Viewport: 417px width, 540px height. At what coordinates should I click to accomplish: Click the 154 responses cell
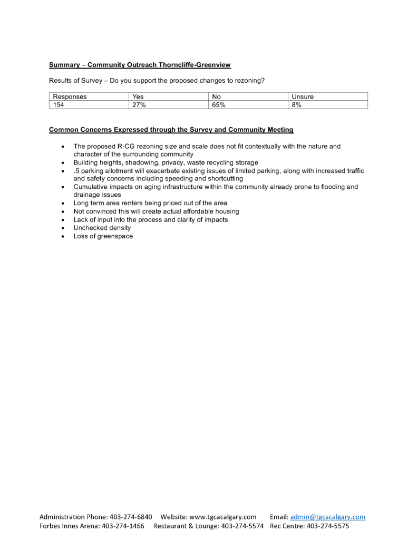[x=58, y=105]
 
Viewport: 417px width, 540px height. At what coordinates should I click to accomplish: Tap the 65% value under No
[x=219, y=105]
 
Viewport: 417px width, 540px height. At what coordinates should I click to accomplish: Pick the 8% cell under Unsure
[x=296, y=105]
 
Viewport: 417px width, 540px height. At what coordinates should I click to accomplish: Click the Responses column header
[x=70, y=97]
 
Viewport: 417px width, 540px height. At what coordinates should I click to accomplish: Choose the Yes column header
[x=138, y=97]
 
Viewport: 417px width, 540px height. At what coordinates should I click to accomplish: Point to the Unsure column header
[x=303, y=97]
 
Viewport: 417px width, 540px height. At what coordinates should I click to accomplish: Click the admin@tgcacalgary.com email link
[x=327, y=517]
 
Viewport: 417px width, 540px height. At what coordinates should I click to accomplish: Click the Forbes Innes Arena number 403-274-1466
[x=123, y=526]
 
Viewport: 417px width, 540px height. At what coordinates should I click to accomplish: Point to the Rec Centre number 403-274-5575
[x=328, y=526]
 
